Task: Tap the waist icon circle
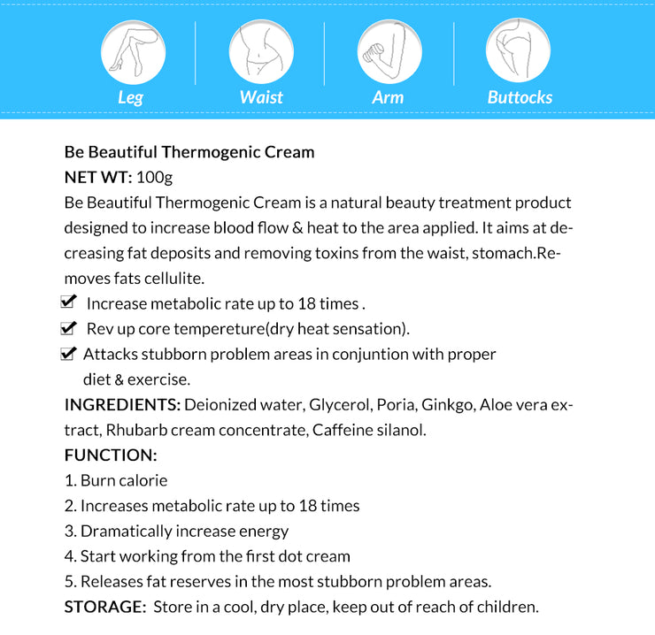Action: click(261, 50)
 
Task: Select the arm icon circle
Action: click(389, 50)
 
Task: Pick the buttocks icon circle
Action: click(519, 50)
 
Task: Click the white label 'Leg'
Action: click(130, 97)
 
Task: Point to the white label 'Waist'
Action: click(261, 97)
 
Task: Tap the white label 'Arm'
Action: click(388, 97)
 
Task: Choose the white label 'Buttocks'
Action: click(520, 97)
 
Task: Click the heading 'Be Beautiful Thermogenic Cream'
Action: click(189, 151)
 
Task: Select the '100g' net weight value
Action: click(155, 177)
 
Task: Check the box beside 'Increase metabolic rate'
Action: click(68, 302)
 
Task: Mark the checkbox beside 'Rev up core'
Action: click(68, 328)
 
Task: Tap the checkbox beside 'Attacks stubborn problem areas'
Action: click(68, 354)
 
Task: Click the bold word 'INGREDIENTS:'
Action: click(123, 405)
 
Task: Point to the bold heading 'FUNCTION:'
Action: click(111, 455)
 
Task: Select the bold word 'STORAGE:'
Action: click(105, 608)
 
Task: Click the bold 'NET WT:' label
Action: click(98, 177)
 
